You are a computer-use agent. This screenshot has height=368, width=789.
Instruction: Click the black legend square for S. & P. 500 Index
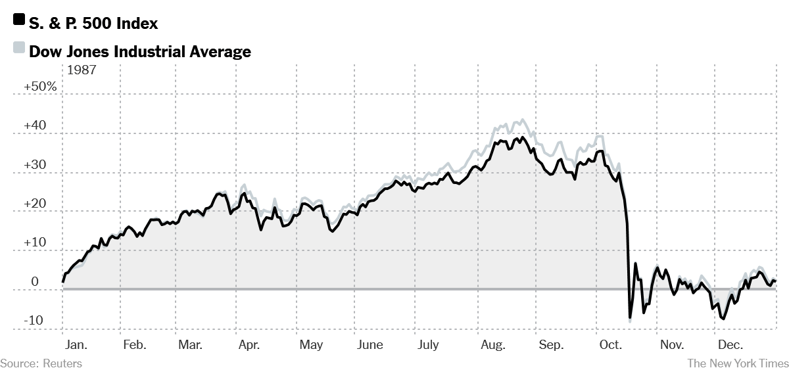(19, 22)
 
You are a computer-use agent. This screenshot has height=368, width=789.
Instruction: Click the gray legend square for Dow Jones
(19, 49)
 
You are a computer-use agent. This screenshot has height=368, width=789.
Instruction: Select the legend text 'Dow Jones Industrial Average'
(140, 51)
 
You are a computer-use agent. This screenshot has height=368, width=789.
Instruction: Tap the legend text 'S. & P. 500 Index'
(93, 24)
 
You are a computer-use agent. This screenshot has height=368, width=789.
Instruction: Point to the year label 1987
(82, 70)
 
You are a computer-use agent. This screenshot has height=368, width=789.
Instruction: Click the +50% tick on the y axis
(41, 87)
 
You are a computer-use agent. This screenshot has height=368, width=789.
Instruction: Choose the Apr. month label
(250, 345)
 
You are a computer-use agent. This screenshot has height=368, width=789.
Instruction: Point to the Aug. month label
(493, 345)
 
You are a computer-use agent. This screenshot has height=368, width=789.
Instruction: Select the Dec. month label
(730, 345)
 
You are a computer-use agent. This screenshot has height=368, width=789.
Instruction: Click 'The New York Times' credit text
(736, 362)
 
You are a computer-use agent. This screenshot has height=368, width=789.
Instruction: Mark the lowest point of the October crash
(629, 319)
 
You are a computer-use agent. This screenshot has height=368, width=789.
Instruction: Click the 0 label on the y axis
(35, 282)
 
